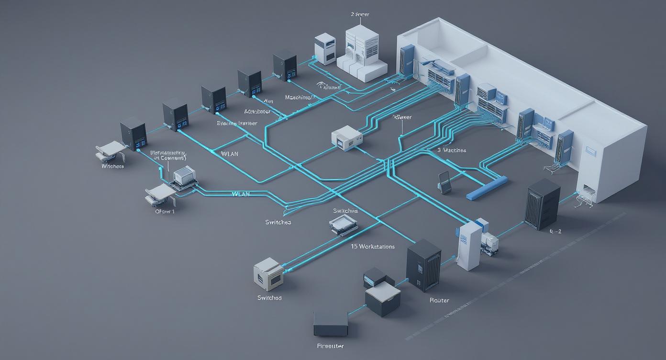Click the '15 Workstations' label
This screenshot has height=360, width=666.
(x=373, y=247)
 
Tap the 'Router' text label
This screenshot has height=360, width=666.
(x=439, y=300)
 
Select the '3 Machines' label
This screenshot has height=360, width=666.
(x=452, y=150)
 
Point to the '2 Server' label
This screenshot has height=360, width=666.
(x=360, y=14)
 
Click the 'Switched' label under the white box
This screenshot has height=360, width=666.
(x=269, y=298)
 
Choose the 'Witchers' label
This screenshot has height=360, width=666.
(x=112, y=166)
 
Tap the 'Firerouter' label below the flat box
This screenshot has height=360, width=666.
(x=330, y=346)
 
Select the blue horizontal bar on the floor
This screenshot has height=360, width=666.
(x=486, y=188)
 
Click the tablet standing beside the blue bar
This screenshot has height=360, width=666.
(x=444, y=182)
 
